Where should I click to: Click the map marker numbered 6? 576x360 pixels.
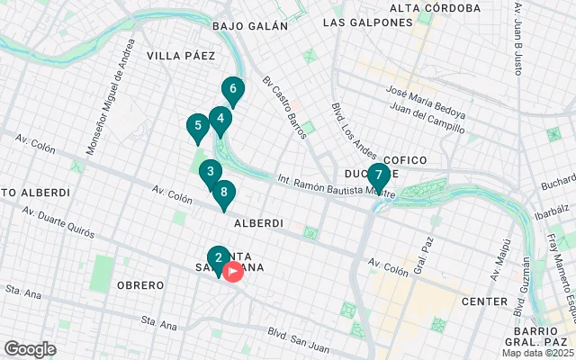pyautogui.click(x=233, y=90)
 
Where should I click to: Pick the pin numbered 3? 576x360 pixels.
pyautogui.click(x=210, y=172)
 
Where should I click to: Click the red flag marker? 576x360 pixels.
pyautogui.click(x=233, y=270)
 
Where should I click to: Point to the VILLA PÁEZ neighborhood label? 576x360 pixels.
pyautogui.click(x=181, y=56)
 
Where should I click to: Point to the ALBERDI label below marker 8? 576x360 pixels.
pyautogui.click(x=258, y=222)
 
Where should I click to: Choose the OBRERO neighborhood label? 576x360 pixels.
pyautogui.click(x=140, y=285)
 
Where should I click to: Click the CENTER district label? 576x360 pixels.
pyautogui.click(x=484, y=301)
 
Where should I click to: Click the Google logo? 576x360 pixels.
pyautogui.click(x=30, y=349)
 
